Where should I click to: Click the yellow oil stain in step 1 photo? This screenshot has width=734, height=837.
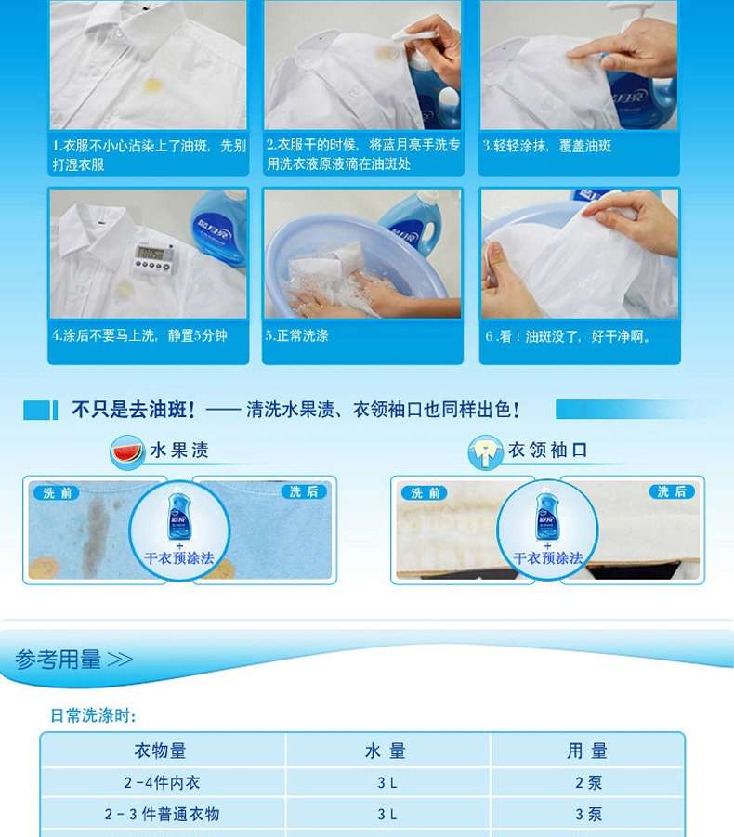click(x=152, y=85)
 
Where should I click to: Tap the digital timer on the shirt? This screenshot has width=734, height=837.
click(x=154, y=258)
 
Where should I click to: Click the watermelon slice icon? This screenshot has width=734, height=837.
click(x=126, y=452)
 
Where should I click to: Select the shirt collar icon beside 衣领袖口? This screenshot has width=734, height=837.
click(x=485, y=452)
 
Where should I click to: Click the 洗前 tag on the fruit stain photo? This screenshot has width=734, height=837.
click(x=56, y=492)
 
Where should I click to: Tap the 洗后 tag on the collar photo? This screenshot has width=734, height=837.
click(x=672, y=491)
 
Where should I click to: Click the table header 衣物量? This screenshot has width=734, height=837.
click(x=160, y=751)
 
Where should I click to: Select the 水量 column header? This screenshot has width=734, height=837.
click(x=386, y=751)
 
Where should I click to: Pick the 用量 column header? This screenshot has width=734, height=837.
click(x=587, y=751)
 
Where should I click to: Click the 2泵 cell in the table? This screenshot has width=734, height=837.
click(x=588, y=782)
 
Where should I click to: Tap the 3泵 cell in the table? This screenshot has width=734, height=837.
click(x=588, y=814)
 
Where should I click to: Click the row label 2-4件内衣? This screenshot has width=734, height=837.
click(x=162, y=782)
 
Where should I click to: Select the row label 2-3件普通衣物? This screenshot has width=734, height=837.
click(x=162, y=814)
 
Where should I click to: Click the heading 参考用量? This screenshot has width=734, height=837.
click(x=59, y=660)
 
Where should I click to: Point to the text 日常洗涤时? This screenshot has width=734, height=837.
click(x=93, y=715)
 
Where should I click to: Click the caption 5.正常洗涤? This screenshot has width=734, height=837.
click(x=296, y=335)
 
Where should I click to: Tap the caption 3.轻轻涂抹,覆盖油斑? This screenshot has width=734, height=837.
click(x=547, y=146)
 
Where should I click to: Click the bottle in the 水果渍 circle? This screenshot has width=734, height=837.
click(x=178, y=516)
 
